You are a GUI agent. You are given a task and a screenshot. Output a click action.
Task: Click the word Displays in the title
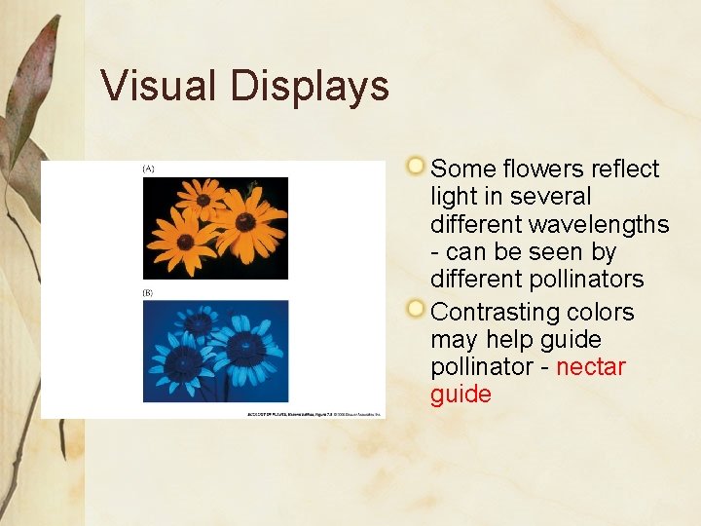click(310, 86)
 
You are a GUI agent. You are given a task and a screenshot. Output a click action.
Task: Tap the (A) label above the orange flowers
click(149, 169)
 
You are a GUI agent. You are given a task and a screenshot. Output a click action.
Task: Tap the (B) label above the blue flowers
click(149, 292)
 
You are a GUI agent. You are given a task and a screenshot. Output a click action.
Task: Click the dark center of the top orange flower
click(203, 200)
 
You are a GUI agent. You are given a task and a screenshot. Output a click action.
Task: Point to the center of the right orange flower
click(245, 222)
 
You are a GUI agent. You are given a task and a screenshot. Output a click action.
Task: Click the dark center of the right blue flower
click(245, 347)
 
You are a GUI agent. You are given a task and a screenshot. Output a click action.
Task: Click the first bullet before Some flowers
click(417, 166)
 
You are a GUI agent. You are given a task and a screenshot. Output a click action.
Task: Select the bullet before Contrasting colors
click(417, 310)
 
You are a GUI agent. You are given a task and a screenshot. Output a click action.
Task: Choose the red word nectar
click(590, 367)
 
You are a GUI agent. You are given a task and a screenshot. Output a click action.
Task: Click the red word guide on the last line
click(461, 394)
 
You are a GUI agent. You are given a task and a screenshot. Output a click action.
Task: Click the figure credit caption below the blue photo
click(313, 414)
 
